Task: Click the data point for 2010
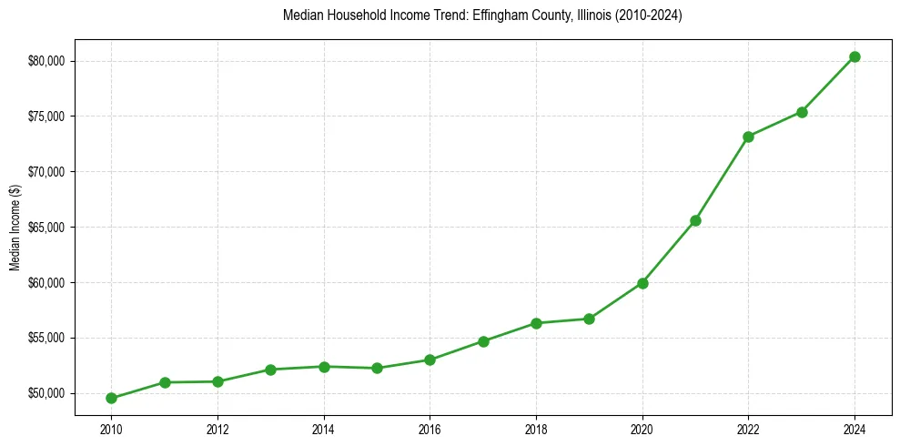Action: [111, 398]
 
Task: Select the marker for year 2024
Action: [854, 56]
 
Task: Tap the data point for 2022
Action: [748, 137]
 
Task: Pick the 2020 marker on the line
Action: [642, 283]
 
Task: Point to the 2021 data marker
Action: [695, 220]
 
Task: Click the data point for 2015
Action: [377, 368]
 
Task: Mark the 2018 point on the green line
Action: [536, 323]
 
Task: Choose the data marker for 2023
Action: [802, 112]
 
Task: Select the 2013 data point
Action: [270, 370]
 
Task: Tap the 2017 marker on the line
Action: [483, 341]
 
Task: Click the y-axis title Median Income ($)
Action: [15, 227]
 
